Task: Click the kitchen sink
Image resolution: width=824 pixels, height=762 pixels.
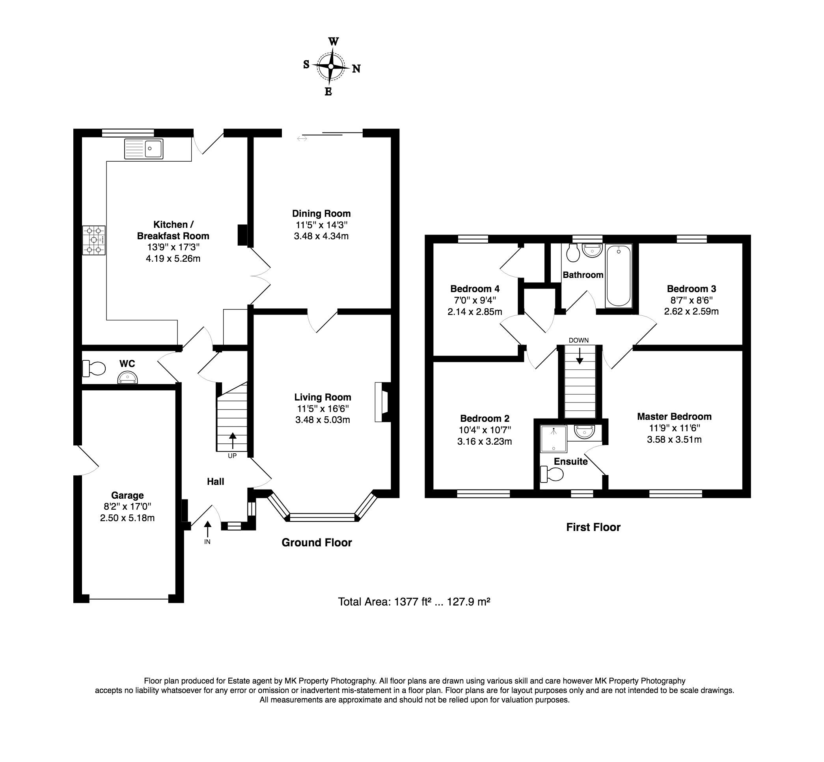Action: point(144,149)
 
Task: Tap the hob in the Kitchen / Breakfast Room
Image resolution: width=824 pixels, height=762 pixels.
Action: point(93,240)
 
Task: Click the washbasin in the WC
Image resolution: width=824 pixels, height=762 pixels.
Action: point(127,377)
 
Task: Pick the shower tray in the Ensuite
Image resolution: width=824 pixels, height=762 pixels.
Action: point(553,439)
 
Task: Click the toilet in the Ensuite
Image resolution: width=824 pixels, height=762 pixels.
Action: point(552,474)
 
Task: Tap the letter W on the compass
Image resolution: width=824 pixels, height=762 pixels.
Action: point(333,42)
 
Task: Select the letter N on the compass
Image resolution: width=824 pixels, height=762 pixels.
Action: point(356,69)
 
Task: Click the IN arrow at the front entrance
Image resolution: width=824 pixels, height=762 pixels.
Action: point(207,529)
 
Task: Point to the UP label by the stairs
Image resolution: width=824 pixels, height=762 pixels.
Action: point(232,456)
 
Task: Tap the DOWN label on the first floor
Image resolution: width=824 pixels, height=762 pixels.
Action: point(579,340)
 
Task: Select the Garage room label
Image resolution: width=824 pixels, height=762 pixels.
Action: point(127,495)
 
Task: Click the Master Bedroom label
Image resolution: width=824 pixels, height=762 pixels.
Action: point(674,416)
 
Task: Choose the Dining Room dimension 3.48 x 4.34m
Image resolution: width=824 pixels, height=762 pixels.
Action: point(322,236)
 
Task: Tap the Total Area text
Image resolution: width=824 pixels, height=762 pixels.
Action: point(414,602)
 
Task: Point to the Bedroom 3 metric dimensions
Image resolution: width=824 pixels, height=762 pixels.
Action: point(691,311)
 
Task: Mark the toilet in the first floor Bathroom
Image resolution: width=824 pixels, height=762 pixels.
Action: point(573,253)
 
